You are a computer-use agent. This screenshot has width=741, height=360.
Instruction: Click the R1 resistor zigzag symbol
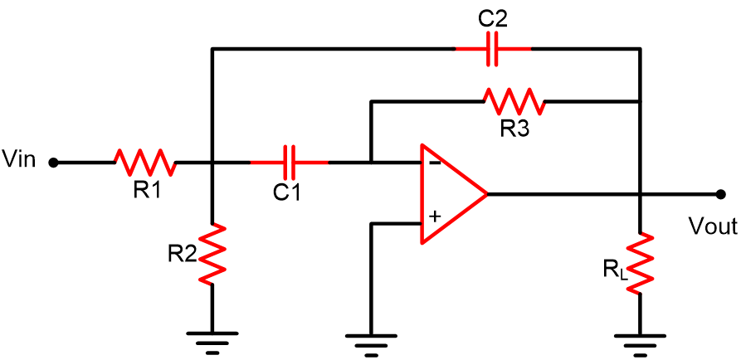click(x=145, y=163)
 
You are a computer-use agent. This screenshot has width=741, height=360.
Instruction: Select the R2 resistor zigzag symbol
click(x=212, y=253)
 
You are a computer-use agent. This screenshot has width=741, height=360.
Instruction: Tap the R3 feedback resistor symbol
click(x=513, y=101)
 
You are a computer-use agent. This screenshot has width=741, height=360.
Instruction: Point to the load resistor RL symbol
click(x=640, y=263)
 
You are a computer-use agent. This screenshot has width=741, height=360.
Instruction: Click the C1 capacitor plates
click(x=290, y=163)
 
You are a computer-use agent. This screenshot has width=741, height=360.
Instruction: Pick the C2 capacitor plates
click(x=492, y=49)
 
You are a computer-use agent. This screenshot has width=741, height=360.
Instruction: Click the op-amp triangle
click(x=454, y=194)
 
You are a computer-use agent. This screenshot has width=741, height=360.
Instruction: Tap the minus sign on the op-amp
click(x=436, y=163)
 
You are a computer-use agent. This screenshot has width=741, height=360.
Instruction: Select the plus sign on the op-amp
click(x=435, y=216)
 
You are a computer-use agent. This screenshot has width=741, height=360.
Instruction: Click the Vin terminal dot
click(x=54, y=163)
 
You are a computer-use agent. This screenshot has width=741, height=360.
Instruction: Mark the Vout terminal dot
click(x=721, y=194)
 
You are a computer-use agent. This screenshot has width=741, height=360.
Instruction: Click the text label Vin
click(x=18, y=158)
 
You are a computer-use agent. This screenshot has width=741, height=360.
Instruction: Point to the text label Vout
click(x=713, y=226)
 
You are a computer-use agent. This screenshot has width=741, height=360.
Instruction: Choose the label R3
click(x=514, y=129)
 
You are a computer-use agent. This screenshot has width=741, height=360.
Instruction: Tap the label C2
click(x=493, y=19)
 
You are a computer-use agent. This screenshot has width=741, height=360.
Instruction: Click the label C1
click(x=286, y=192)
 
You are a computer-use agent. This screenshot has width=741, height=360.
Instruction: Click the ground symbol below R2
click(x=212, y=343)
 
